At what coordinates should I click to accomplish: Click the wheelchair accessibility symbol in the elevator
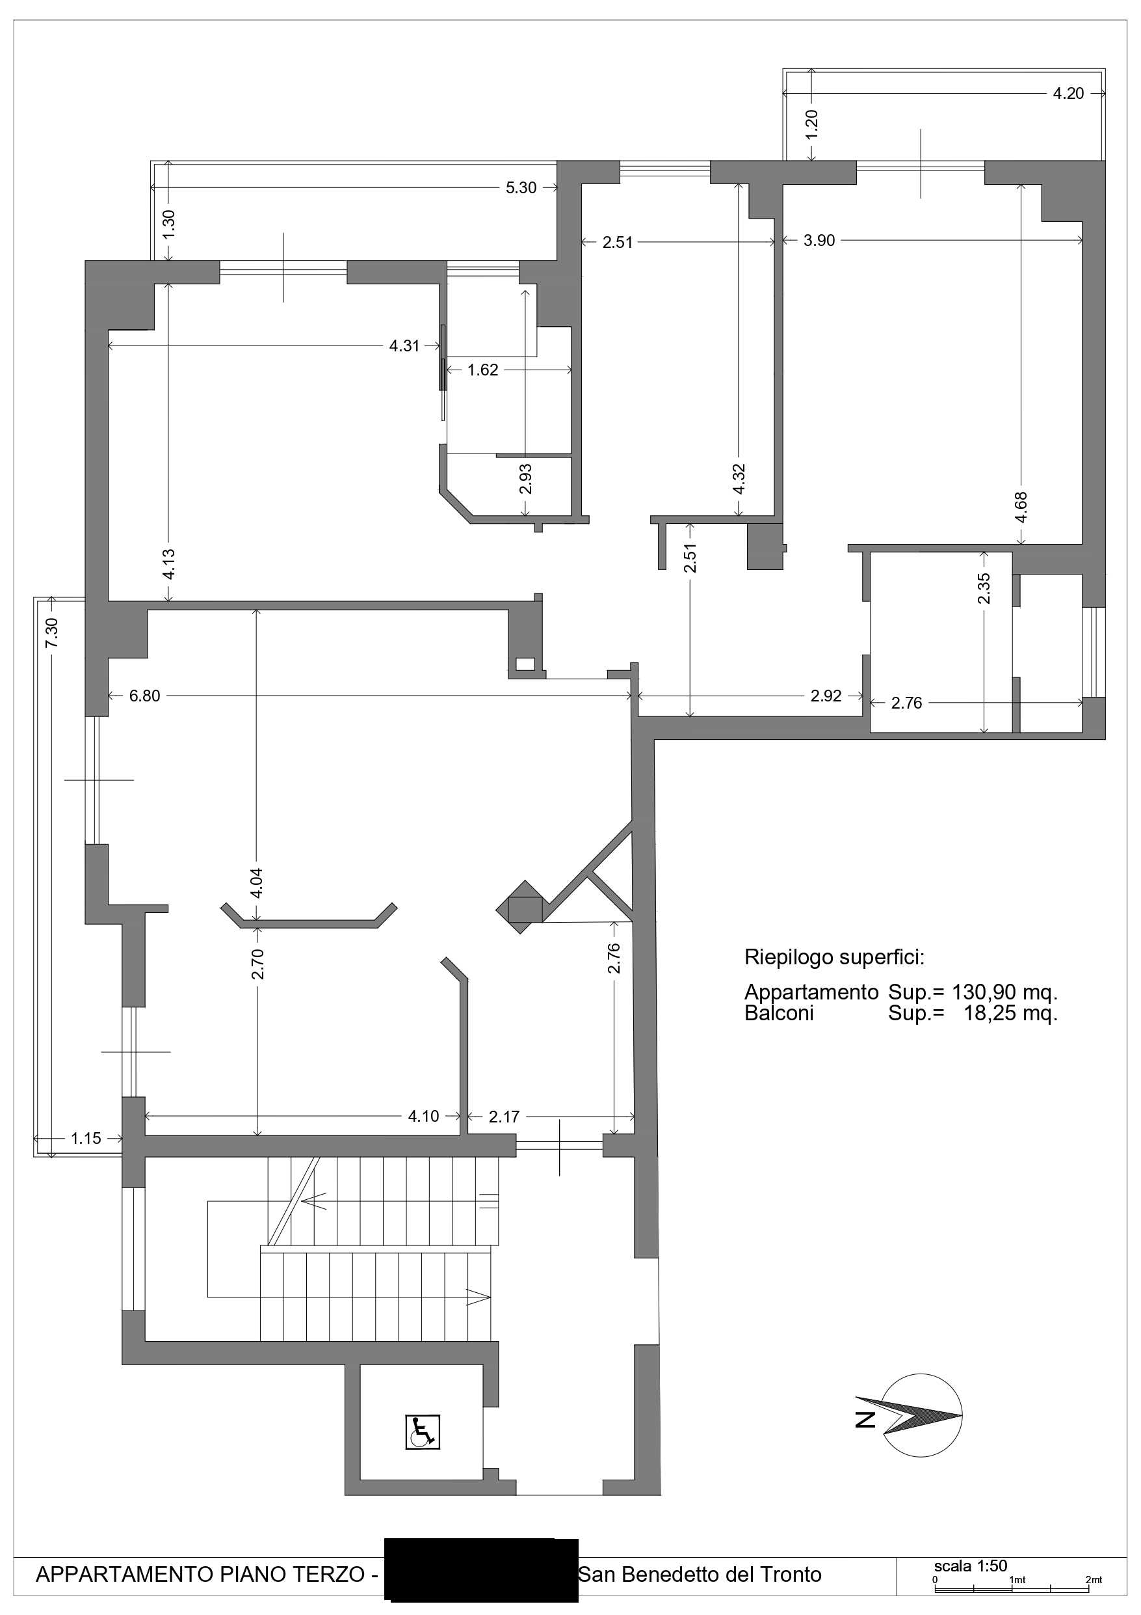coord(422,1432)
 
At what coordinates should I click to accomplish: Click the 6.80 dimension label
coord(145,696)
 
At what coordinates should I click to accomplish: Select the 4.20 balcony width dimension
coord(1068,94)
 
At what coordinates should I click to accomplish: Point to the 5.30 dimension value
coord(521,188)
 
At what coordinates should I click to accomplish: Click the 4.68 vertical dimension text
coord(1021,506)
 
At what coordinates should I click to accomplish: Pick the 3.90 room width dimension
coord(819,241)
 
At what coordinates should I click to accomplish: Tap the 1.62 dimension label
coord(483,370)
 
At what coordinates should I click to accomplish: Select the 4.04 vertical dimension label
coord(257,883)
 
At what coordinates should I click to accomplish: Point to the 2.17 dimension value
coord(504,1117)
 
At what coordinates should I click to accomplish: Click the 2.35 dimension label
coord(984,588)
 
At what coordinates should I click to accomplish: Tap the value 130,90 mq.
coord(1004,992)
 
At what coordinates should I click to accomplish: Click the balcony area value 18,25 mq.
coord(1010,1014)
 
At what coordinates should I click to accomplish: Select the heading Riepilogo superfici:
coord(835,957)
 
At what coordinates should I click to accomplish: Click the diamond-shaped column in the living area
coord(520,908)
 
